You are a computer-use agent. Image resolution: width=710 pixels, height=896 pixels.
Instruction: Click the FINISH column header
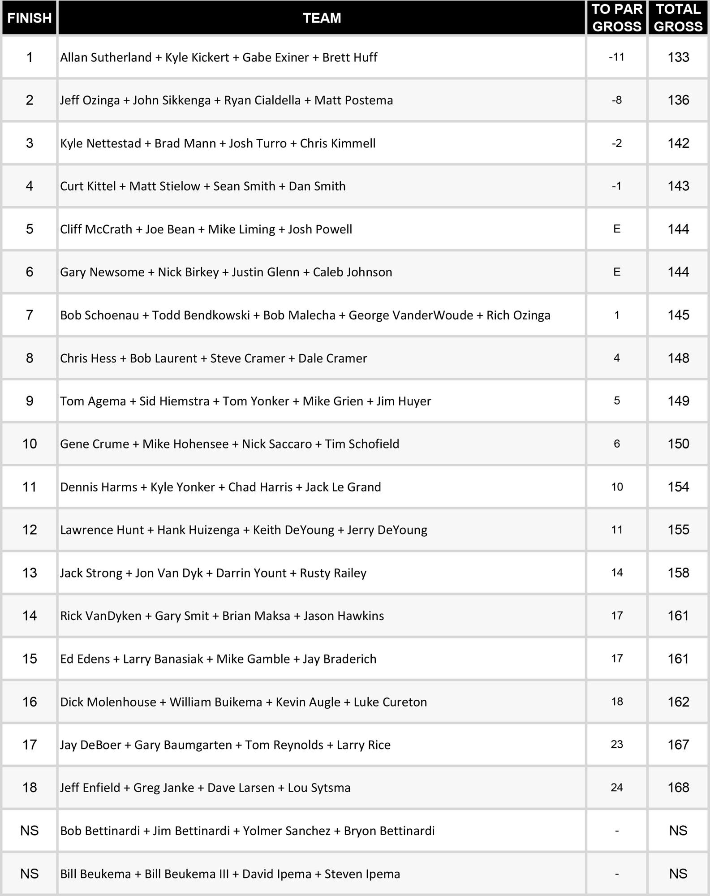click(30, 18)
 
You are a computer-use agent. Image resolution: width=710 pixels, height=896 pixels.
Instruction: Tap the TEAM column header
click(322, 18)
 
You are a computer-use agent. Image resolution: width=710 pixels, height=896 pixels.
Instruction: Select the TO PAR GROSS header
click(616, 18)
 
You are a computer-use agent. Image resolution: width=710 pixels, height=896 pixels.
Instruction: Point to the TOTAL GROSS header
click(678, 18)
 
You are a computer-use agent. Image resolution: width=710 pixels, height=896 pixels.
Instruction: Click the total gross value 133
click(678, 57)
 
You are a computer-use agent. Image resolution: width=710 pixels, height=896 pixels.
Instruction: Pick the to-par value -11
click(616, 57)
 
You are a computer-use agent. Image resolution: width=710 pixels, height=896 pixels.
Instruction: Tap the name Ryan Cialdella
click(262, 100)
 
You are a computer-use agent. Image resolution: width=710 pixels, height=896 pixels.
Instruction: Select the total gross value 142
click(678, 143)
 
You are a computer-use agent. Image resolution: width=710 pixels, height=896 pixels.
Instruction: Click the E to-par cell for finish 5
click(616, 229)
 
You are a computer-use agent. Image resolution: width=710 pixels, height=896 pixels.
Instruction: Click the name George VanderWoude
click(410, 315)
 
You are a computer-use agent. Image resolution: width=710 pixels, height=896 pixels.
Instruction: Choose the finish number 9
click(30, 401)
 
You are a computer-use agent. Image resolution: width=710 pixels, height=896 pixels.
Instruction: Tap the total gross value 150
click(678, 444)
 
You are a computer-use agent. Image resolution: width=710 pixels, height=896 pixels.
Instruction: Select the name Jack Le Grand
click(343, 487)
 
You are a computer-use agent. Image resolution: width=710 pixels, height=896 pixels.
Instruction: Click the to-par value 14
click(616, 573)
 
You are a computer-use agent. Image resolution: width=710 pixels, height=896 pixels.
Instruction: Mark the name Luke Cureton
click(390, 702)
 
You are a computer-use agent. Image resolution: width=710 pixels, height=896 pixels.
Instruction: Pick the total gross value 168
click(678, 788)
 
